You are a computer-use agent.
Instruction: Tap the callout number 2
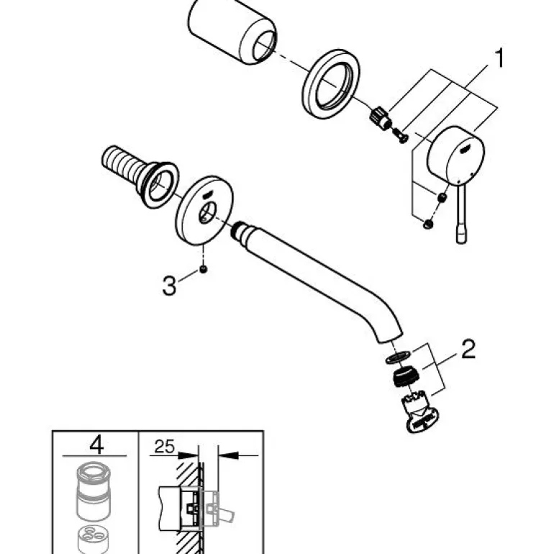pos(468,351)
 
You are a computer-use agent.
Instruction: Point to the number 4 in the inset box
pos(95,443)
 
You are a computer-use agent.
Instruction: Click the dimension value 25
pos(164,447)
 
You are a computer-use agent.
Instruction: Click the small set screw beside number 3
pos(204,270)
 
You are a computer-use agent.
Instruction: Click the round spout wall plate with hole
pos(202,209)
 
